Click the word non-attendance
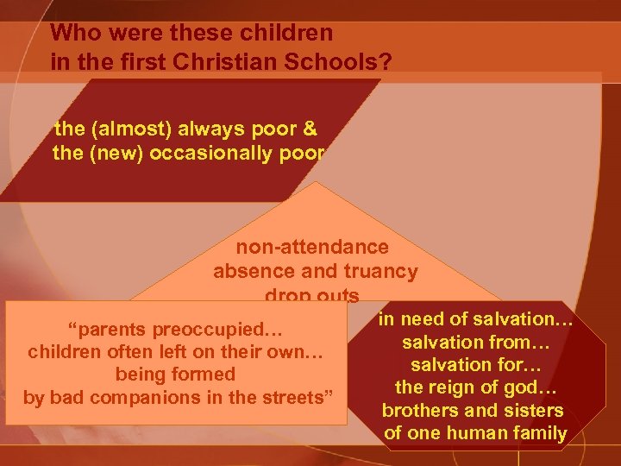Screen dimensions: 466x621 312,247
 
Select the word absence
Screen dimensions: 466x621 252,271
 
